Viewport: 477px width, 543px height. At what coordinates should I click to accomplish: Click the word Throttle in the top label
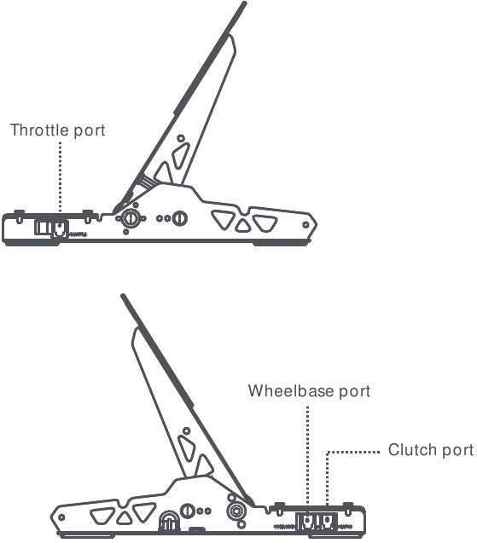39,130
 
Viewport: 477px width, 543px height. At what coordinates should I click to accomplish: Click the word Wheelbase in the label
291,391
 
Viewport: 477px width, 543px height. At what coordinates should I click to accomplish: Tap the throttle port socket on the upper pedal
60,229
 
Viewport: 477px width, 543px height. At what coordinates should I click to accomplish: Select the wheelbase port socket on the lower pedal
307,521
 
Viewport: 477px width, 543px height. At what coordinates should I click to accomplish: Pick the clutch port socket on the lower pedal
328,521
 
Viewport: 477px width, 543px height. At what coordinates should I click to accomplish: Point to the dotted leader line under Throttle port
61,176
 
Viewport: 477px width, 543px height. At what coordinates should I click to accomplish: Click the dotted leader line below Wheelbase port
307,454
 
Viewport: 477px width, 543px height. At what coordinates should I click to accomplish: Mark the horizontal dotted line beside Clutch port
353,452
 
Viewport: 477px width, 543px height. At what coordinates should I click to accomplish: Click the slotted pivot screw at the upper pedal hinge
131,218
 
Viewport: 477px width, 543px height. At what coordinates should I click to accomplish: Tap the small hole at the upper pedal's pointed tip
305,225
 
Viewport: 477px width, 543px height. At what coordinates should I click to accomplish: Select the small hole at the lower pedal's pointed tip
61,517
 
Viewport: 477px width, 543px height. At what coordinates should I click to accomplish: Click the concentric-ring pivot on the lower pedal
236,511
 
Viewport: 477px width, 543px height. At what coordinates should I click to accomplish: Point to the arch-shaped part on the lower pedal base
169,521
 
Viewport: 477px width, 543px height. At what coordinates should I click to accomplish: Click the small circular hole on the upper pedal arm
181,138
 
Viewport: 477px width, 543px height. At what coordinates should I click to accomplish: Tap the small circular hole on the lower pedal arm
186,431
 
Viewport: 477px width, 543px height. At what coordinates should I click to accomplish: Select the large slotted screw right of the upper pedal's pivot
179,218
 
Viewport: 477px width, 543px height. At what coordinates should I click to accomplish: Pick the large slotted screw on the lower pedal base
187,511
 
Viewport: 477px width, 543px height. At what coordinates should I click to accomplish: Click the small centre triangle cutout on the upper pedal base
242,226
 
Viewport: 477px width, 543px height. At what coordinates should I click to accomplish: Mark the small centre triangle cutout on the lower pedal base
124,518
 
